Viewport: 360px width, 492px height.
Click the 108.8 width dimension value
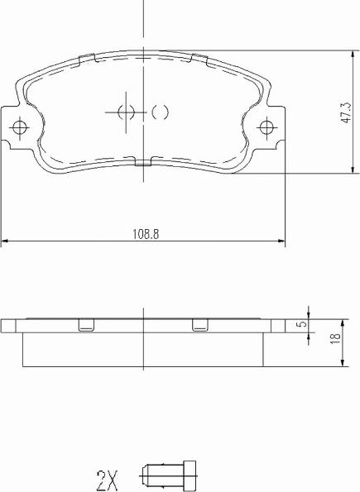click(x=145, y=234)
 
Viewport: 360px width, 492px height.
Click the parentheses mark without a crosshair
click(x=161, y=112)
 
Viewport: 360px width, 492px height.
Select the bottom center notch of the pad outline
click(x=143, y=163)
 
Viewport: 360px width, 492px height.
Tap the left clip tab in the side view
click(x=85, y=325)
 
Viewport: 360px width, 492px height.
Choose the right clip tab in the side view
click(x=199, y=325)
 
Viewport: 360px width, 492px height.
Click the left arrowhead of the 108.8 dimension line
click(x=5, y=241)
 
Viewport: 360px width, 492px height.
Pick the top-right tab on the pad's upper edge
click(x=199, y=58)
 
